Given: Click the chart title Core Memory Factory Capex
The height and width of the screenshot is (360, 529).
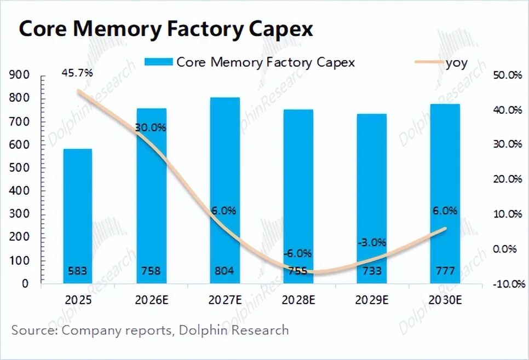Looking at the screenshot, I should pyautogui.click(x=165, y=29).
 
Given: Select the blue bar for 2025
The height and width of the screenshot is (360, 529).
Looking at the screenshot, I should pyautogui.click(x=78, y=216).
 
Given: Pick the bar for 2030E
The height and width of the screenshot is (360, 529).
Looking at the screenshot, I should pyautogui.click(x=445, y=194).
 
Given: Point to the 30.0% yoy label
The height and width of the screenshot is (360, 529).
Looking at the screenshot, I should pyautogui.click(x=151, y=127).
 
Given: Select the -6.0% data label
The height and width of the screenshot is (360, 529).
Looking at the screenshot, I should pyautogui.click(x=298, y=253).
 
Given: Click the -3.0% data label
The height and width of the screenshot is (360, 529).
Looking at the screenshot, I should pyautogui.click(x=371, y=242).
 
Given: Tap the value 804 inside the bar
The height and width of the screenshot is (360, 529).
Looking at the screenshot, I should pyautogui.click(x=225, y=270).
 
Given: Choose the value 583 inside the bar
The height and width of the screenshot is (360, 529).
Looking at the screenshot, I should pyautogui.click(x=78, y=270).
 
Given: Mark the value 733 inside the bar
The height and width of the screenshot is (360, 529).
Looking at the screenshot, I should pyautogui.click(x=371, y=270).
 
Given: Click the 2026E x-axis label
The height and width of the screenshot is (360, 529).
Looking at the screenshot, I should pyautogui.click(x=151, y=300).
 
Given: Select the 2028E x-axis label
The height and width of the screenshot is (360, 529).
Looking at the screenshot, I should pyautogui.click(x=298, y=300).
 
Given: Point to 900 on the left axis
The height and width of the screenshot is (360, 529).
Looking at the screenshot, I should pyautogui.click(x=19, y=75).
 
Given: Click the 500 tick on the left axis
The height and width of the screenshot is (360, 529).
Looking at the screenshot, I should pyautogui.click(x=19, y=167).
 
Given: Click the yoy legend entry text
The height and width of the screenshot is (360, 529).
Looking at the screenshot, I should pyautogui.click(x=456, y=62).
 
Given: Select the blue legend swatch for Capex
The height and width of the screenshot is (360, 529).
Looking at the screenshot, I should pyautogui.click(x=158, y=62).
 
